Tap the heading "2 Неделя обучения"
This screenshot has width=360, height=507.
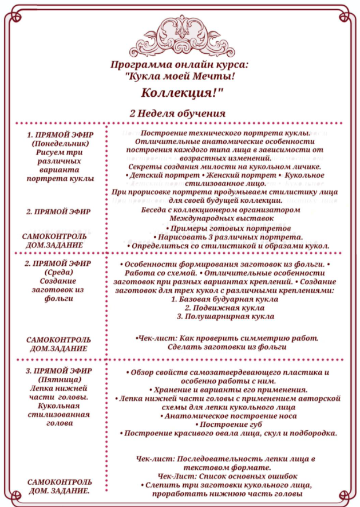tap(177, 113)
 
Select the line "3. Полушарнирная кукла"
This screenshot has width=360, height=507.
tap(225, 316)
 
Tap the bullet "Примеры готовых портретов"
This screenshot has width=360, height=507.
tap(225, 229)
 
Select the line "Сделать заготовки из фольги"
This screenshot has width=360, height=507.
tap(227, 347)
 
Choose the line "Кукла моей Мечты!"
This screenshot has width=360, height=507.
tap(179, 76)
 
